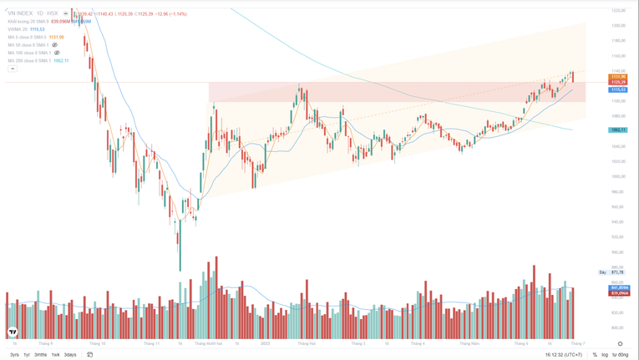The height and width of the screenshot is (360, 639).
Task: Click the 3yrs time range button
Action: click(14, 355)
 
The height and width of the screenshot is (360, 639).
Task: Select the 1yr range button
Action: click(27, 355)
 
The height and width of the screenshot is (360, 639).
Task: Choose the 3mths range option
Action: click(40, 355)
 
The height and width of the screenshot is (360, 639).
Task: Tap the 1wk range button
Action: click(55, 355)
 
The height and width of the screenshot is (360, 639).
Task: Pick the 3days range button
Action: click(70, 355)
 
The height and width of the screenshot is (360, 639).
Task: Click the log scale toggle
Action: click(605, 355)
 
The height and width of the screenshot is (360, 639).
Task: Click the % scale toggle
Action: click(595, 355)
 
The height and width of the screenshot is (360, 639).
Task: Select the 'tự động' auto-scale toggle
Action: click(620, 355)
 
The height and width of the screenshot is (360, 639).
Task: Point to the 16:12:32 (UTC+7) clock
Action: click(563, 355)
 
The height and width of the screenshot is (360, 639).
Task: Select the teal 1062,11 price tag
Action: click(618, 130)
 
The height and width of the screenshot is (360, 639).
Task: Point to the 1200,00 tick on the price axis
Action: click(618, 25)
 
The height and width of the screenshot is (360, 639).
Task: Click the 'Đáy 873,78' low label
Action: click(612, 272)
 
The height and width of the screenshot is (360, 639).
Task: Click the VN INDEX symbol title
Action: click(20, 13)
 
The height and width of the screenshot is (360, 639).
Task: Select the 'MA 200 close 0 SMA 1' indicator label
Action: click(29, 61)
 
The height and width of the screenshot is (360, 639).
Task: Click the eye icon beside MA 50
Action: click(55, 45)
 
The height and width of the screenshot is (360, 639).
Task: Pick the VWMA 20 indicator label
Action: click(18, 29)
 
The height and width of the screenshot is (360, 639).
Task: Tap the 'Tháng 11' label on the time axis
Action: click(151, 343)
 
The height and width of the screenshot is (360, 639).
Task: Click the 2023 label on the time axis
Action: click(265, 343)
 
